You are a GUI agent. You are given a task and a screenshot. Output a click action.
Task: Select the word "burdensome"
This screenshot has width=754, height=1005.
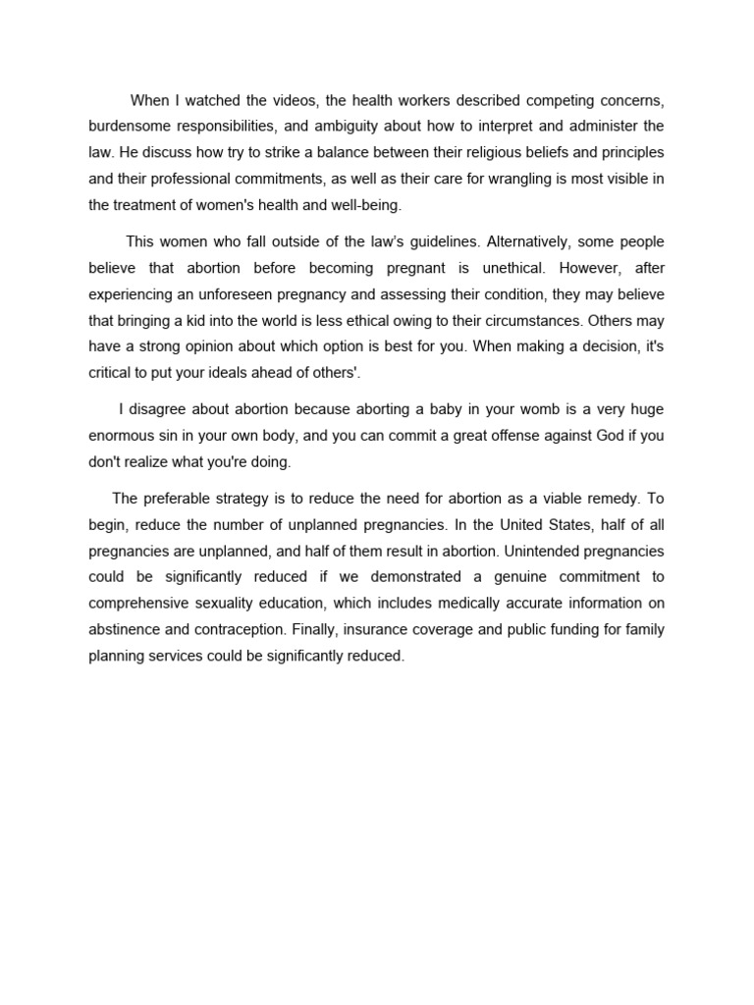pos(130,127)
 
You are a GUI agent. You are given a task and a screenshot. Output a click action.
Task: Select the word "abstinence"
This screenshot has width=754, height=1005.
pos(128,630)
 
